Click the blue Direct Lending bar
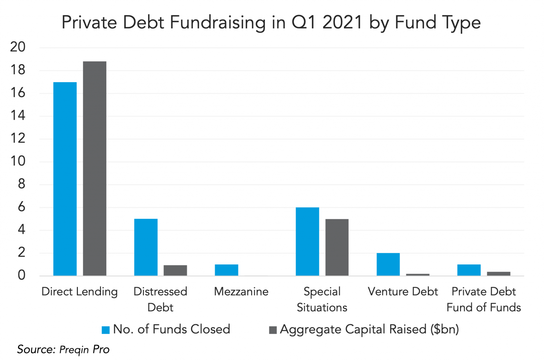[x=65, y=179]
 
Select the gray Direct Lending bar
[x=95, y=168]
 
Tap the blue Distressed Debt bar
[x=146, y=247]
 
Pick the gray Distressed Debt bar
[x=175, y=270]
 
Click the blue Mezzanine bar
[x=226, y=270]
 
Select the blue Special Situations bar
[x=307, y=241]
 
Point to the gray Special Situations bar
[x=337, y=247]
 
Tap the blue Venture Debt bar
[x=388, y=264]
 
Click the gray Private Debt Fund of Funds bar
[x=498, y=273]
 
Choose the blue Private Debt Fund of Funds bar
[x=469, y=270]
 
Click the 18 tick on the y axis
[x=18, y=70]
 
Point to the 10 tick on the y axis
[x=18, y=161]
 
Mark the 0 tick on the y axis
[x=22, y=275]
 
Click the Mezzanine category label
[x=241, y=292]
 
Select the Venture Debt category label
[x=403, y=292]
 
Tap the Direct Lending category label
[x=79, y=292]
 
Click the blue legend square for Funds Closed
[x=106, y=330]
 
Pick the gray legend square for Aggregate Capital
[x=273, y=330]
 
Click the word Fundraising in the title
[x=217, y=23]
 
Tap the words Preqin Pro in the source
[x=84, y=350]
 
